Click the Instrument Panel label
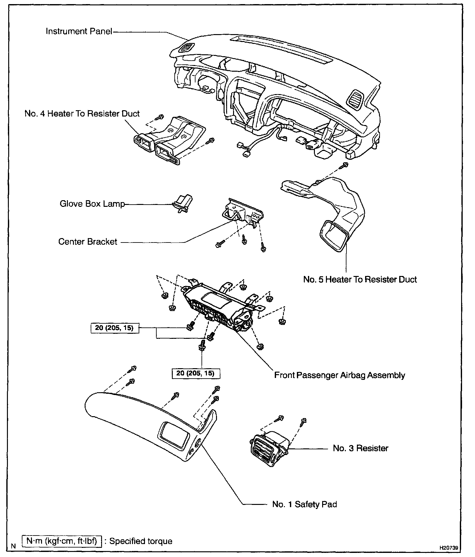click(79, 31)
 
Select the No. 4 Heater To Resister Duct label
click(82, 114)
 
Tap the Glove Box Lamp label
click(92, 204)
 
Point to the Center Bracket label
click(88, 242)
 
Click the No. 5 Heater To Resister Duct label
click(360, 279)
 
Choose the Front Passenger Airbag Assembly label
click(340, 375)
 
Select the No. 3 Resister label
click(360, 448)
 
